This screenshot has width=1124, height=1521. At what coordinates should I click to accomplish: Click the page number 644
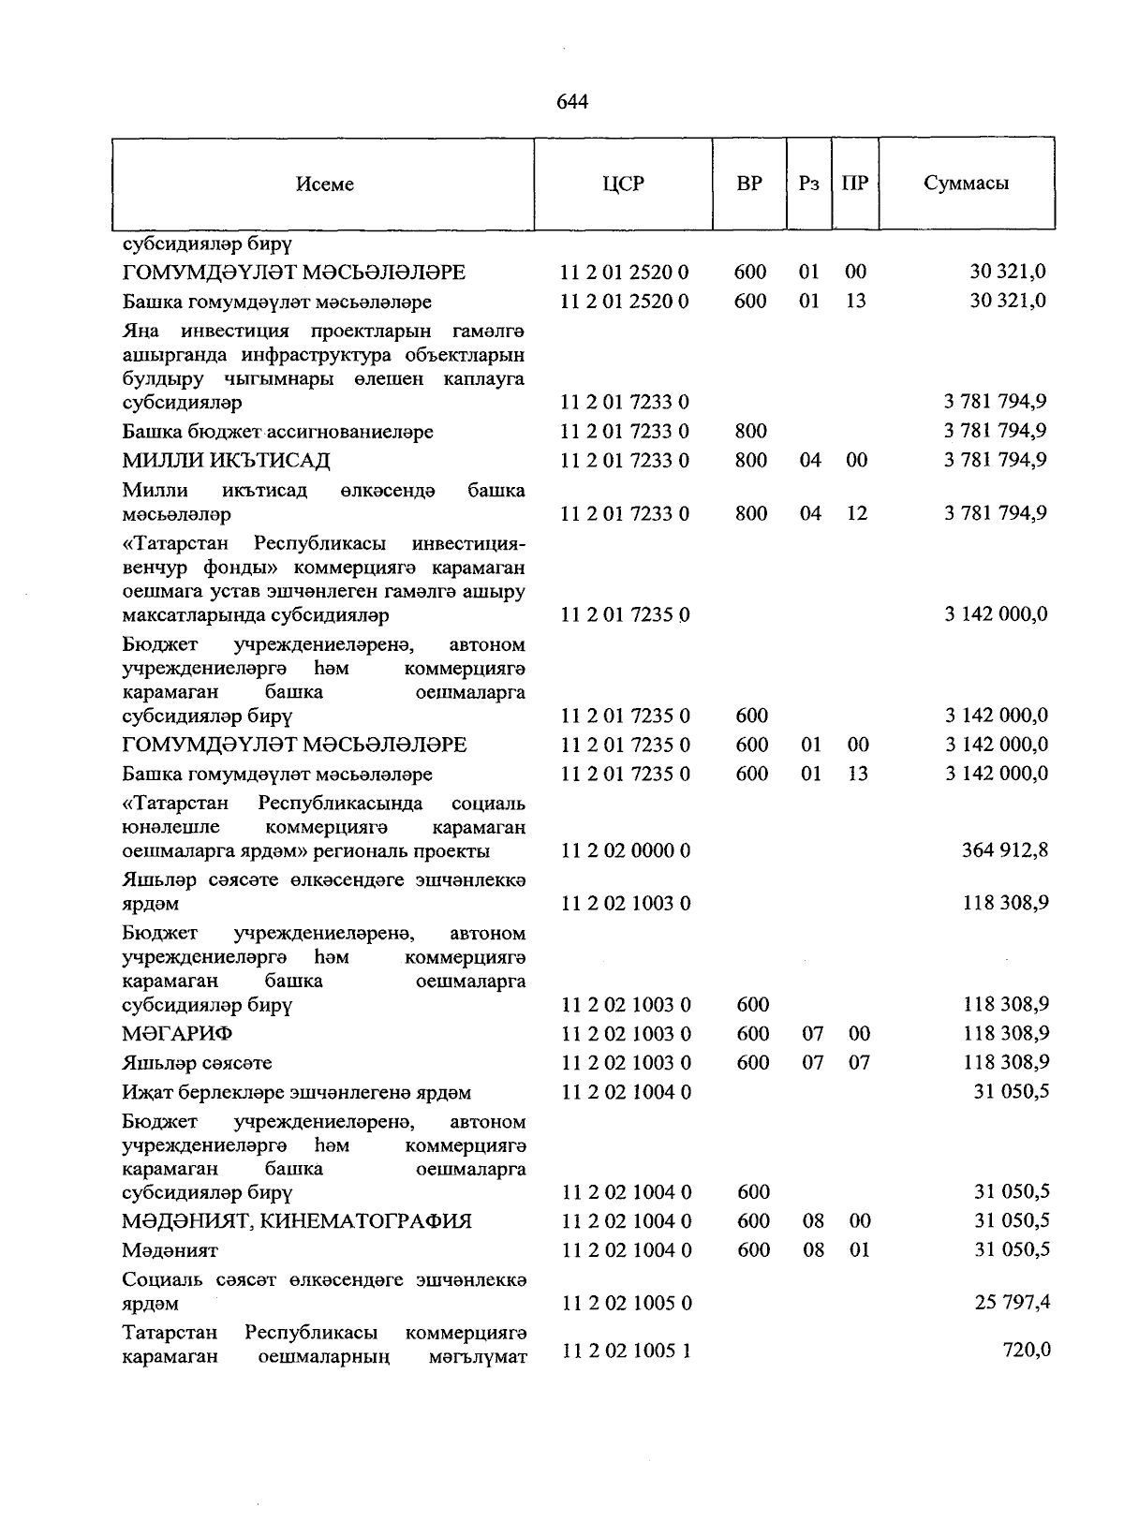point(571,101)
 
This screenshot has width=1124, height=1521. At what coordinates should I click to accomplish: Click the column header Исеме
point(325,185)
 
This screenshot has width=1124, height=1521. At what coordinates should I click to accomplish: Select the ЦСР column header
point(624,184)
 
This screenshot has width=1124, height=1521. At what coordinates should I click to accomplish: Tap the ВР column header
point(749,184)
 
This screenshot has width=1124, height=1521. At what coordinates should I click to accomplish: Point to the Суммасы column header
point(966,184)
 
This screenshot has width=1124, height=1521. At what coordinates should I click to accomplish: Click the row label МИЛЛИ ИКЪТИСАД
point(226,461)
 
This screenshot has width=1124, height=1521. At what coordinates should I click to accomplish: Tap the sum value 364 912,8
point(1005,850)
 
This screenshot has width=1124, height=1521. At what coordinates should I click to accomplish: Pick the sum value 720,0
point(1028,1350)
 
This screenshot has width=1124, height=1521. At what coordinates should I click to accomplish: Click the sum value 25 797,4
point(1012,1303)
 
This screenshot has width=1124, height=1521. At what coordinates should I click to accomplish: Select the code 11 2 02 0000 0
point(626,850)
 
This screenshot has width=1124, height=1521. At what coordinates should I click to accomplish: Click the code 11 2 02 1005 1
point(626,1351)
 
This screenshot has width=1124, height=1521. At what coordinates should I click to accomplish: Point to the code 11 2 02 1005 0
point(626,1303)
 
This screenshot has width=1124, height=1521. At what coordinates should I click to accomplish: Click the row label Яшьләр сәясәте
point(198,1063)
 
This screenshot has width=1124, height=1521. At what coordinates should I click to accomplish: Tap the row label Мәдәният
point(170,1250)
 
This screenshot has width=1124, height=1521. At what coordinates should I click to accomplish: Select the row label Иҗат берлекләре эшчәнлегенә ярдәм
point(296,1093)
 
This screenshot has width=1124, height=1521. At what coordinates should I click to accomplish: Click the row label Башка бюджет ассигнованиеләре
point(278,432)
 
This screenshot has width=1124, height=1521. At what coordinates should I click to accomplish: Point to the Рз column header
point(809,184)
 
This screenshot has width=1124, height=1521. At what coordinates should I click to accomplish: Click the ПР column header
point(855,184)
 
